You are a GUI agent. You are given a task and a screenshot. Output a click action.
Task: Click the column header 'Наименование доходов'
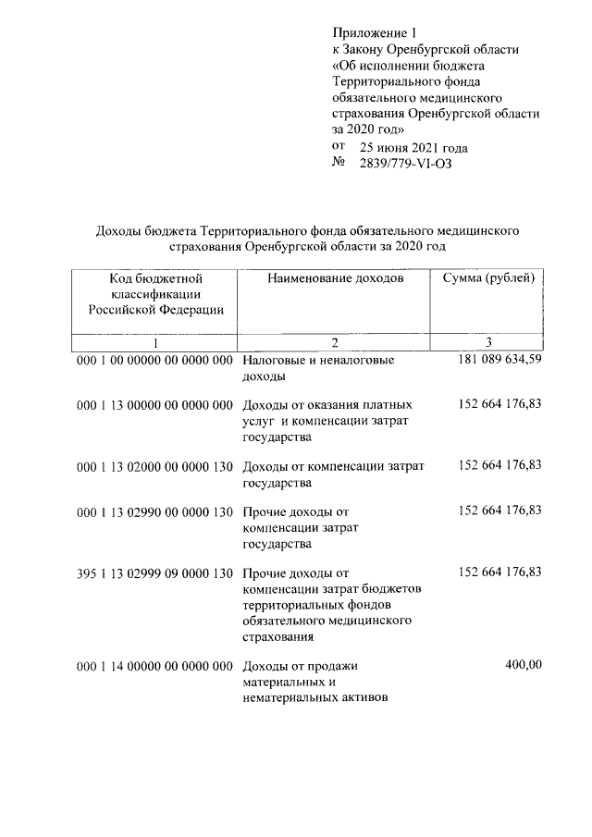coord(336,278)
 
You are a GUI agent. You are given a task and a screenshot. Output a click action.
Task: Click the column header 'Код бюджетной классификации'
coord(155,293)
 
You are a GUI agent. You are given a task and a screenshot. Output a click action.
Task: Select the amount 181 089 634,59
coord(499,359)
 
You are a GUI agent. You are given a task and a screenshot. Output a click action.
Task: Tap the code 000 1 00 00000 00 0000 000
coord(154,360)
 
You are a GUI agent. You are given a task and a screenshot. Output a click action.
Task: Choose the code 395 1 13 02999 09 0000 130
coord(154,574)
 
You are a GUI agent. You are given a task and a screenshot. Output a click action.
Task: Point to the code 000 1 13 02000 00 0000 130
coord(154,466)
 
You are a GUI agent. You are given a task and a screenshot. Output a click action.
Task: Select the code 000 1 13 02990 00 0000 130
coord(154,511)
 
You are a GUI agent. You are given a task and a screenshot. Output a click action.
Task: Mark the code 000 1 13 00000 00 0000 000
coord(154,405)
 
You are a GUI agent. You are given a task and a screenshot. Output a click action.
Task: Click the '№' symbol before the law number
coord(338,164)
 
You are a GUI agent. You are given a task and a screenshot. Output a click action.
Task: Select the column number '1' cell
coord(155,342)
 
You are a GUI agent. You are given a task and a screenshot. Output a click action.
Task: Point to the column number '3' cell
coord(488,342)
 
